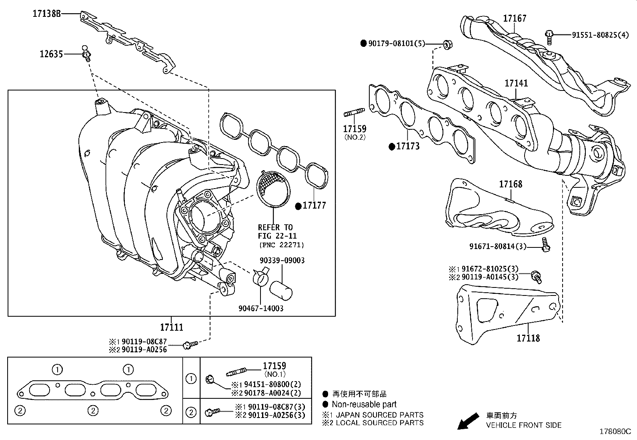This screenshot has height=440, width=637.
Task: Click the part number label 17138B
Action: pyautogui.click(x=46, y=14)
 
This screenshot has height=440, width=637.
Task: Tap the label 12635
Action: pyautogui.click(x=51, y=54)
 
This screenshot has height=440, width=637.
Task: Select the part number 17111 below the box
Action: pyautogui.click(x=172, y=327)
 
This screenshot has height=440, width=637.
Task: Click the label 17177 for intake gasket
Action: pyautogui.click(x=314, y=206)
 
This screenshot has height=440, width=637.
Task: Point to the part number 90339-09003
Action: pyautogui.click(x=282, y=261)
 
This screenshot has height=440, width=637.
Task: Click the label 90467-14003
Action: pyautogui.click(x=260, y=308)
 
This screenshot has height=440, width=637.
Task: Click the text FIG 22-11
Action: pyautogui.click(x=277, y=236)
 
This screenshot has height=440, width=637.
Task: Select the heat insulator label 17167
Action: pyautogui.click(x=515, y=18)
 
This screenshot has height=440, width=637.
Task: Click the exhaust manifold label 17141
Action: pyautogui.click(x=516, y=84)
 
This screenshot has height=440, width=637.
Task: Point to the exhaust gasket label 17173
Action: pyautogui.click(x=408, y=147)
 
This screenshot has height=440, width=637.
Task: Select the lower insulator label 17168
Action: pyautogui.click(x=510, y=185)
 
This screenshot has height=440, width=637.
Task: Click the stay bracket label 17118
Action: pyautogui.click(x=528, y=338)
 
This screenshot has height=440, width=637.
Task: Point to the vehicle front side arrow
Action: pyautogui.click(x=468, y=421)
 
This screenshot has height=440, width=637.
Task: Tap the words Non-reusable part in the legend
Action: pyautogui.click(x=364, y=404)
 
